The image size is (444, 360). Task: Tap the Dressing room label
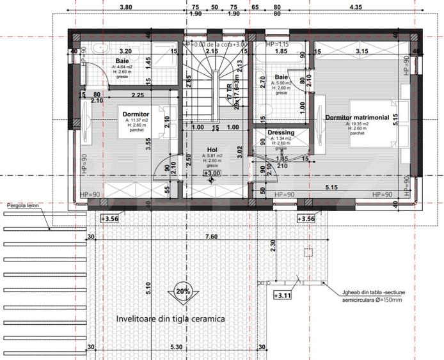(x=280, y=133)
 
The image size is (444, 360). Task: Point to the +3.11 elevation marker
(x=283, y=295)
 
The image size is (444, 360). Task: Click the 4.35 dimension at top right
(x=373, y=7)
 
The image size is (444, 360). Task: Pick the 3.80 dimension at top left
(x=126, y=7)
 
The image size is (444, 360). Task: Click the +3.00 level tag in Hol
(x=212, y=173)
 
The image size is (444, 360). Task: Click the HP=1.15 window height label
(x=273, y=44)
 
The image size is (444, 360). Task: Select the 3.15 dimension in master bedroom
(x=362, y=51)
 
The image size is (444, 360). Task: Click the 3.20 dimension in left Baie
(x=125, y=51)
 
